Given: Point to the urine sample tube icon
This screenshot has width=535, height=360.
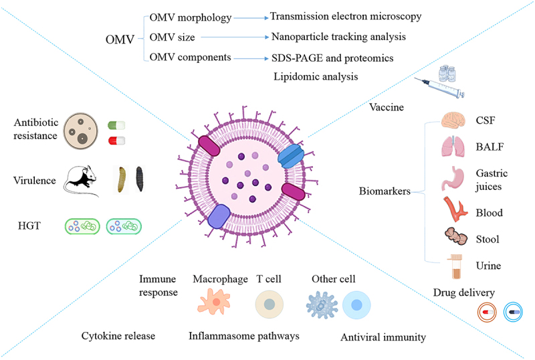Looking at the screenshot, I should click(457, 266).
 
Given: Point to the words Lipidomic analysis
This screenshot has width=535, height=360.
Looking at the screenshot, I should click(316, 77).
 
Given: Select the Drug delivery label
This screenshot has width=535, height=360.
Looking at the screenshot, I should click(463, 292).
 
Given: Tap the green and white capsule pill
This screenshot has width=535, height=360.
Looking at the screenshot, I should click(116, 125).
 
